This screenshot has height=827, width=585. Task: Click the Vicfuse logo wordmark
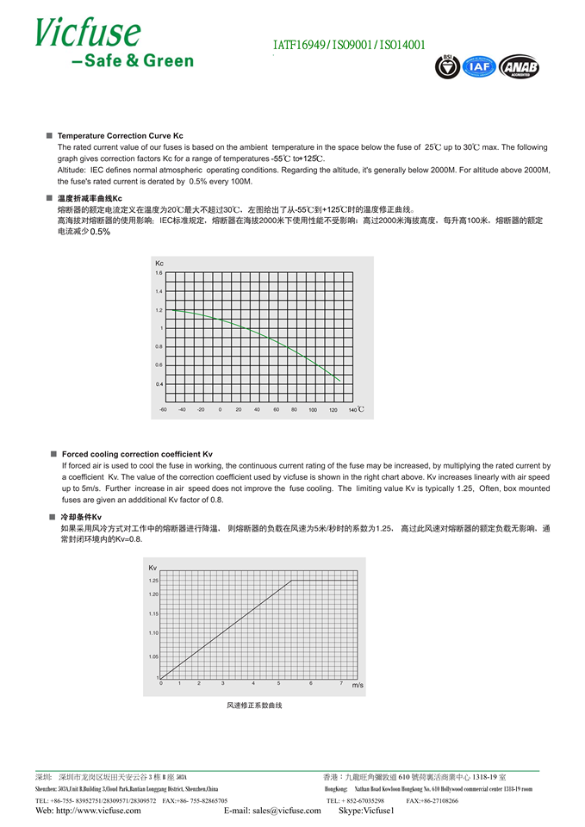tap(87, 32)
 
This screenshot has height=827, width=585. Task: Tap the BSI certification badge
tap(447, 66)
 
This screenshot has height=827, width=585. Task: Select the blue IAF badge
tap(476, 66)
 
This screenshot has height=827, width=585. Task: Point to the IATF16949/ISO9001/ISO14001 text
tap(348, 46)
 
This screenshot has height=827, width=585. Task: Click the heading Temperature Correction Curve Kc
tap(120, 136)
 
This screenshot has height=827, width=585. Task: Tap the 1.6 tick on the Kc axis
tap(159, 273)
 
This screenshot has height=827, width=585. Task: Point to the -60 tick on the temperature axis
tap(163, 409)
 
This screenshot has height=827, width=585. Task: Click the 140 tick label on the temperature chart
tap(352, 409)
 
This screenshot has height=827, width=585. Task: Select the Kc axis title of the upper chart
tap(159, 263)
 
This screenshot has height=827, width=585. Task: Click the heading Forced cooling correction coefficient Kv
tap(137, 454)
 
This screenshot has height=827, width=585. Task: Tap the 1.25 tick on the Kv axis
tap(153, 581)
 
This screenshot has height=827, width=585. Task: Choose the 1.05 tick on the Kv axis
tap(153, 656)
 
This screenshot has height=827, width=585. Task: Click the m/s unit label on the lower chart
tap(358, 684)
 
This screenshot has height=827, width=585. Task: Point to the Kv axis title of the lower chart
tap(153, 568)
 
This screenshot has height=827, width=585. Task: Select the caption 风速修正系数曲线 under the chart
tap(254, 706)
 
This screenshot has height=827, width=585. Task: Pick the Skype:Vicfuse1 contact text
tap(366, 811)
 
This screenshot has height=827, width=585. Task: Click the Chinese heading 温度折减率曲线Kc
tap(90, 199)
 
